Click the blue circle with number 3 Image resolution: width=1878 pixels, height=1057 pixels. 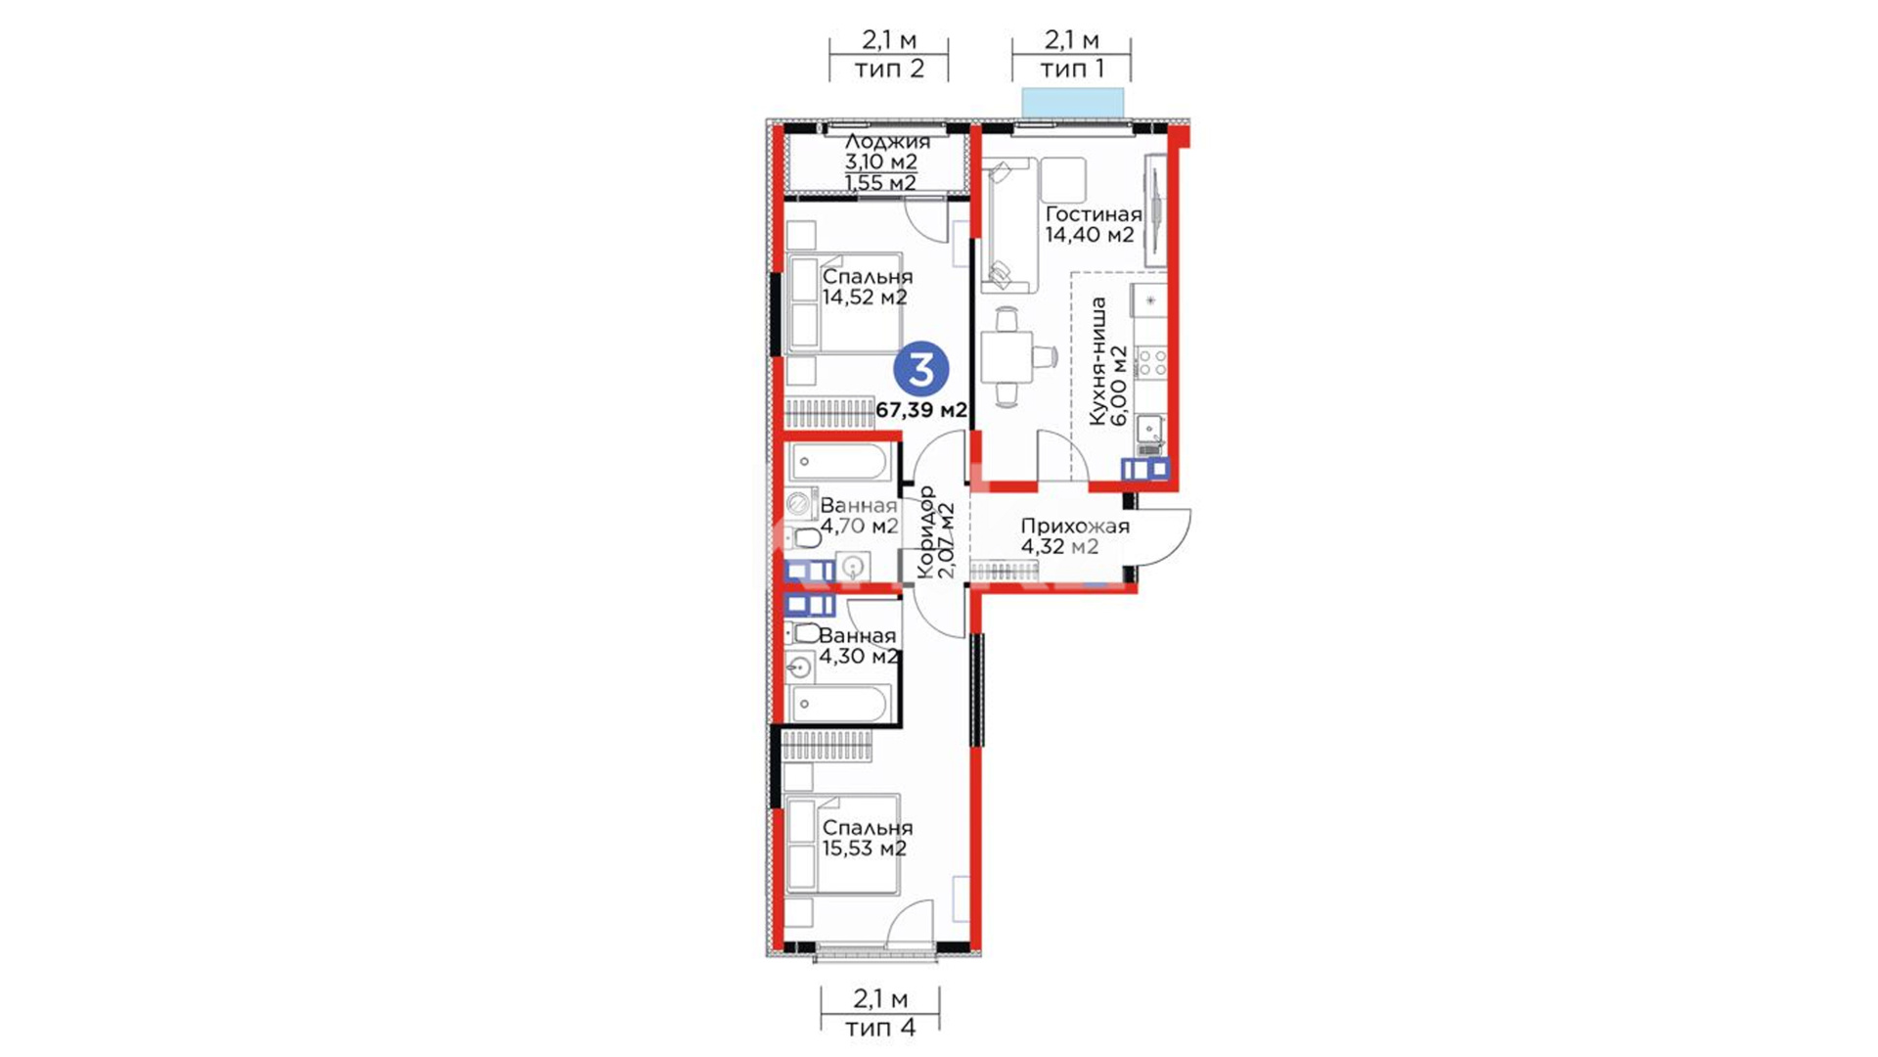pos(921,369)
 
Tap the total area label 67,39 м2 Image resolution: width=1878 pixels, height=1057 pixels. pos(921,410)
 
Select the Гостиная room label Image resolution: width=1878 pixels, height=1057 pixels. pos(1094,214)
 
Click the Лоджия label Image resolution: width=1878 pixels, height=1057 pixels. pos(887,142)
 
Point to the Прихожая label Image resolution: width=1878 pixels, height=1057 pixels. pos(1075,527)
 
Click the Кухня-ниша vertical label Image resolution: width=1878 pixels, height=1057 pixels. pos(1098,361)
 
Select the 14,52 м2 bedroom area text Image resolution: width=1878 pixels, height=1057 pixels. pos(865,298)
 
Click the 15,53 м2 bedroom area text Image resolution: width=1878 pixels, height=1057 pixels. pos(865,849)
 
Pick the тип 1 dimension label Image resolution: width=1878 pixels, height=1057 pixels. pos(1072,69)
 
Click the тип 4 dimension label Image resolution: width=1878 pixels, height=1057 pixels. pos(880,1028)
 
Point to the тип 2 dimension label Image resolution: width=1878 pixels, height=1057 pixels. pos(889,69)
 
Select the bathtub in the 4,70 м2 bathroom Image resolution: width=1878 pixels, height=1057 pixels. pos(841,461)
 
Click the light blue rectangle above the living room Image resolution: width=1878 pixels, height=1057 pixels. pos(1073,102)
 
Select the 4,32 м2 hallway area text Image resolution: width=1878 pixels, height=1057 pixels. pos(1059,547)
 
